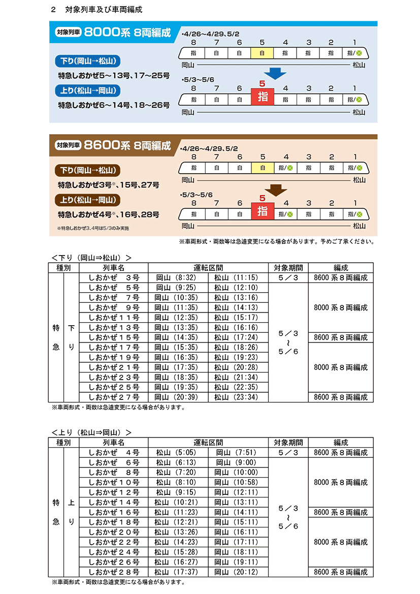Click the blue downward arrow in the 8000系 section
[x=275, y=73]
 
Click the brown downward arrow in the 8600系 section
[x=275, y=189]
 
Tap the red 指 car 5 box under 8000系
[x=263, y=97]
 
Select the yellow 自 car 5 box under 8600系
[x=263, y=167]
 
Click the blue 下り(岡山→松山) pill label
[x=87, y=61]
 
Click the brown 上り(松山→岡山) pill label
[x=87, y=200]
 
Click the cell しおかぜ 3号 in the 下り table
[x=114, y=278]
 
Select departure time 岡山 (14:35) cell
[x=173, y=337]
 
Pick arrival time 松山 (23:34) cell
[x=237, y=397]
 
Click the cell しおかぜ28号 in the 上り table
[x=114, y=572]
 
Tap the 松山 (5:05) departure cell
[x=173, y=452]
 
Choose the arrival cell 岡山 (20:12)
[x=237, y=572]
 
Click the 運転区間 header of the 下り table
[x=208, y=268]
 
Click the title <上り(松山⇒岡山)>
[x=91, y=432]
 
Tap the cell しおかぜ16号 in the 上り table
[x=114, y=512]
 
